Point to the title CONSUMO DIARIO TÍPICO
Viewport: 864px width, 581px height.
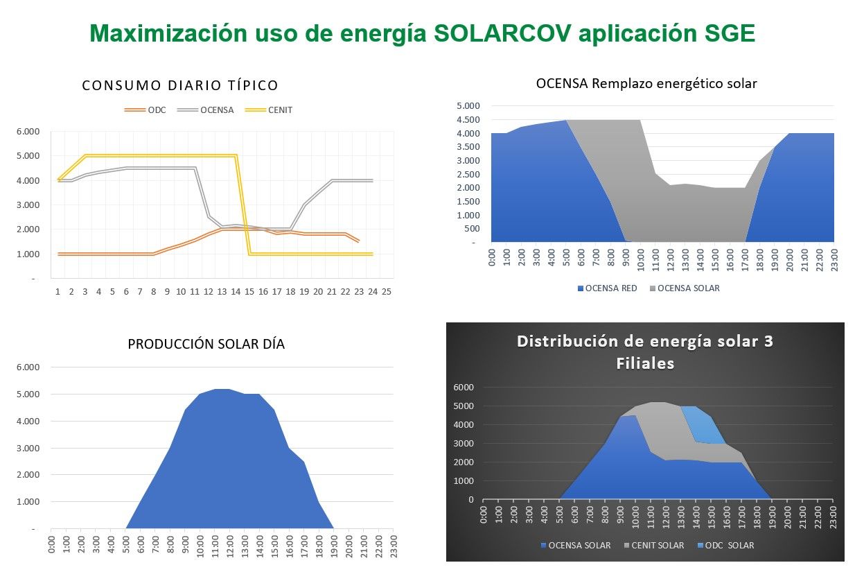(x=180, y=85)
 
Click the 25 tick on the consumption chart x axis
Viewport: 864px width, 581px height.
(x=387, y=291)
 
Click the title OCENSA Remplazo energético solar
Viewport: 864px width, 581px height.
(x=646, y=83)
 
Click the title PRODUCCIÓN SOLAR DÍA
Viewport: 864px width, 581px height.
(x=206, y=344)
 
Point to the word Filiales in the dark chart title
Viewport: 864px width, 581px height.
(x=645, y=363)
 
